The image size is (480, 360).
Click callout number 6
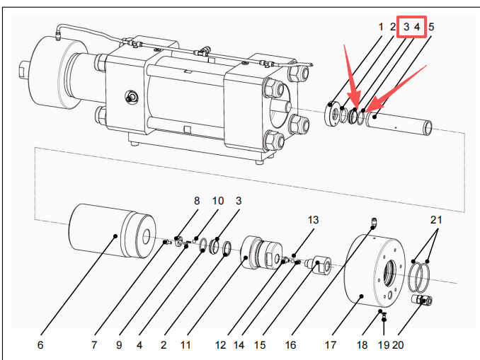coord(40,345)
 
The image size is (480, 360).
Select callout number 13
coord(313,220)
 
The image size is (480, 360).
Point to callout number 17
coord(329,345)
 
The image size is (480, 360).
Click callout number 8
coord(197,201)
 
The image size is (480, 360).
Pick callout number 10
coord(218,201)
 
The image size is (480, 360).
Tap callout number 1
coord(381,27)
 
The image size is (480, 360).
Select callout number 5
coord(431,27)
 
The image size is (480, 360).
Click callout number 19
coord(384,345)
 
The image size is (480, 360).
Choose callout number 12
coord(221,345)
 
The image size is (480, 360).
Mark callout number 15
coord(260,345)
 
